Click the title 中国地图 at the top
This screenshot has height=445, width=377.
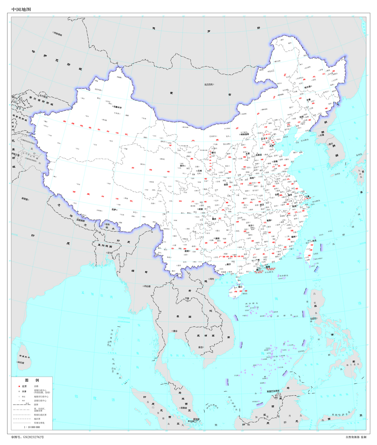pyautogui.click(x=21, y=9)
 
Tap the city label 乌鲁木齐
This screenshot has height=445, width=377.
pyautogui.click(x=118, y=107)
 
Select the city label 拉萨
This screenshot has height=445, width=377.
pyautogui.click(x=114, y=210)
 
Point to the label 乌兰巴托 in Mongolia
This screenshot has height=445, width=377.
pyautogui.click(x=208, y=84)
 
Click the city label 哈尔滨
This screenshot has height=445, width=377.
pyautogui.click(x=307, y=87)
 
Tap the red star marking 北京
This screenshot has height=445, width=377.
pyautogui.click(x=267, y=139)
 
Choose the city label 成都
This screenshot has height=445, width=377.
pyautogui.click(x=200, y=209)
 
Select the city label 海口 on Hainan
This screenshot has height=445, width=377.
pyautogui.click(x=240, y=287)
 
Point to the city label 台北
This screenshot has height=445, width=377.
pyautogui.click(x=314, y=240)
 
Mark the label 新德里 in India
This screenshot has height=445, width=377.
pyautogui.click(x=25, y=199)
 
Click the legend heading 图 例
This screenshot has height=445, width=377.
pyautogui.click(x=32, y=380)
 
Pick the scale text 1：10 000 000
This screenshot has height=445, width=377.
pyautogui.click(x=32, y=427)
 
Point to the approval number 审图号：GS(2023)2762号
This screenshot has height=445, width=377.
pyautogui.click(x=27, y=437)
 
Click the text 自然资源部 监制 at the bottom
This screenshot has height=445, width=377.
pyautogui.click(x=356, y=437)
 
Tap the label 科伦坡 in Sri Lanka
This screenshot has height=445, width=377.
pyautogui.click(x=21, y=363)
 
